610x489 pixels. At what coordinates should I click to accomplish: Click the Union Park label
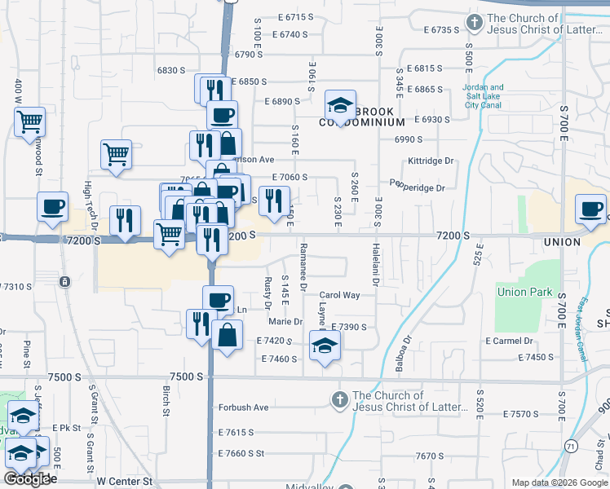click(524, 292)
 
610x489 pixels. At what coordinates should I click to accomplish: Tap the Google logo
click(28, 479)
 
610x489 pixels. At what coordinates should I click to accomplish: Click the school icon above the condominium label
click(340, 104)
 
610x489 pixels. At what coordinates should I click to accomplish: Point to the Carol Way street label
click(339, 295)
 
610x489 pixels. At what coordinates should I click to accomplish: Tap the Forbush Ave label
click(243, 407)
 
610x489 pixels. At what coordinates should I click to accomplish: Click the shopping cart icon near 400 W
click(29, 122)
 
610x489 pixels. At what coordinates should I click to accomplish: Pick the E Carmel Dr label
click(509, 341)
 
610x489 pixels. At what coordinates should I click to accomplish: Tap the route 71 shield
click(570, 447)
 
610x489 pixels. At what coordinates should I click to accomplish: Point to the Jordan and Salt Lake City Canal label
click(483, 95)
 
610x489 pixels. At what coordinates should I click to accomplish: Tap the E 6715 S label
click(295, 17)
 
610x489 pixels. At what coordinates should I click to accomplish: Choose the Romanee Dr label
click(303, 267)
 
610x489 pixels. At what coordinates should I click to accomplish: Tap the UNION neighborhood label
click(561, 243)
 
